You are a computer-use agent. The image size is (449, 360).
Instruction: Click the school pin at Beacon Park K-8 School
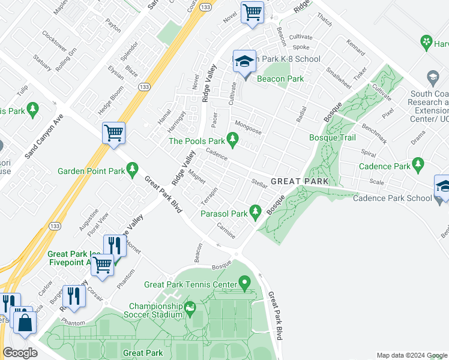point(244,62)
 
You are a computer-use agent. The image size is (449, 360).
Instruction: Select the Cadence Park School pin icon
point(442,187)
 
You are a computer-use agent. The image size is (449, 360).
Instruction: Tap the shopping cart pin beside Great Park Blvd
point(113,133)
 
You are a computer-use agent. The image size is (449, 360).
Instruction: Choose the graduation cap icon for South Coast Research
point(432,78)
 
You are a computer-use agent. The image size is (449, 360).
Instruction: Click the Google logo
point(20,352)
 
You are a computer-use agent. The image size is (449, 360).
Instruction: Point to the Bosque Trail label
point(333,138)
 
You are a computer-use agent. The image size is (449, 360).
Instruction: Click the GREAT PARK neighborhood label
point(300,181)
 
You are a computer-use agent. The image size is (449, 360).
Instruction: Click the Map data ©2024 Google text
point(411,355)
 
